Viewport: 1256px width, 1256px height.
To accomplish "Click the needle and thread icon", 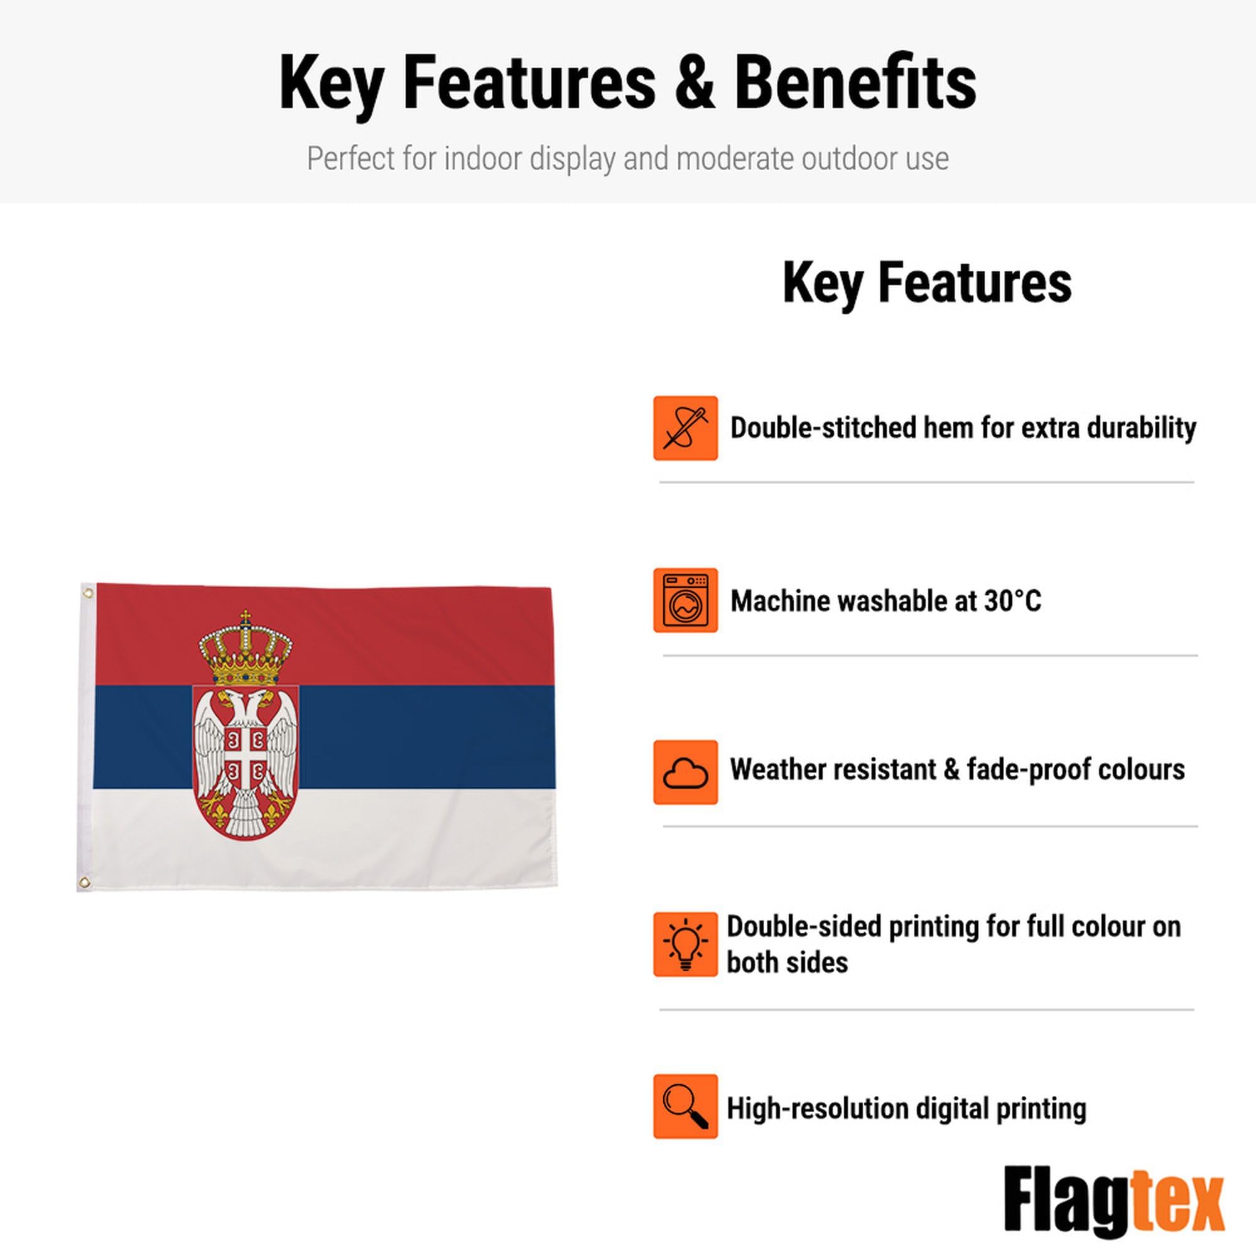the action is pyautogui.click(x=685, y=428).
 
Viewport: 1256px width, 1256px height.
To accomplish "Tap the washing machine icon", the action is pyautogui.click(x=685, y=600).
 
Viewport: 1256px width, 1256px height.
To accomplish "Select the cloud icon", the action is pyautogui.click(x=685, y=772).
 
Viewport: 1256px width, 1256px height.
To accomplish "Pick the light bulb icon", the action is pyautogui.click(x=685, y=945).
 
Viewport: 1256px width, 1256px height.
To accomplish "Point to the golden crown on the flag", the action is pyautogui.click(x=246, y=648).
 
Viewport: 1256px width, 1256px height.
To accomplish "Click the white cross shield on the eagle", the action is pyautogui.click(x=246, y=755).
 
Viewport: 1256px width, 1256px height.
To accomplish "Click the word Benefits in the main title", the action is pyautogui.click(x=855, y=84).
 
